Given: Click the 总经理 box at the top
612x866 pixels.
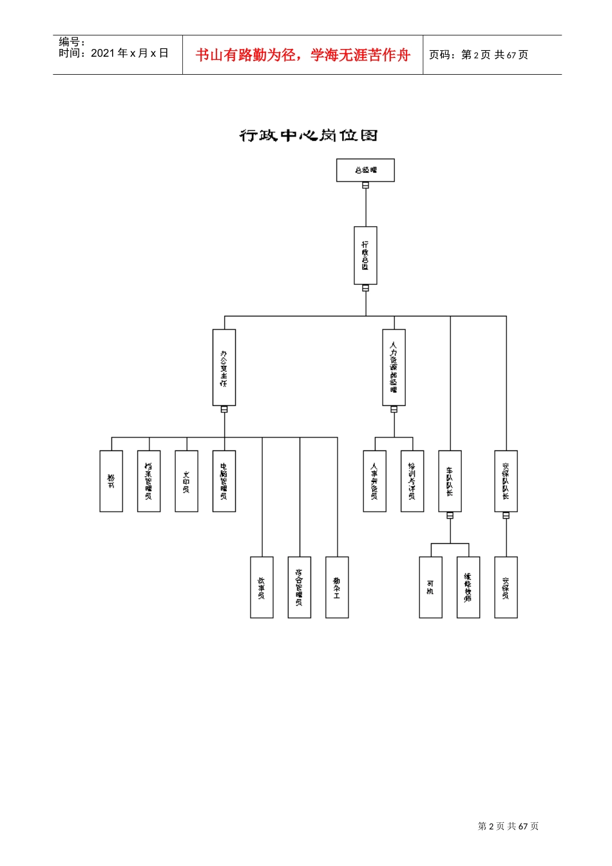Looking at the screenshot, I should click(x=365, y=170).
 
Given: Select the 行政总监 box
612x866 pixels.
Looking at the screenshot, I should click(x=365, y=255).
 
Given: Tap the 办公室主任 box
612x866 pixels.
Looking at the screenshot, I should click(x=224, y=367).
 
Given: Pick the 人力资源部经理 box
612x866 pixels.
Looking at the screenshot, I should click(x=394, y=367).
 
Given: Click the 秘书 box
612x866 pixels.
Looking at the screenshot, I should click(x=111, y=481).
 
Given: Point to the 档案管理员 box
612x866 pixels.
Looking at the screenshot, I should click(x=149, y=481).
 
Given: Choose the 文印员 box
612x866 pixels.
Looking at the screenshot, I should click(x=187, y=481).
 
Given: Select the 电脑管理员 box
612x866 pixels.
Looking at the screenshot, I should click(x=224, y=481).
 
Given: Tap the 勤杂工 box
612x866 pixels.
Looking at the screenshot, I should click(x=337, y=587).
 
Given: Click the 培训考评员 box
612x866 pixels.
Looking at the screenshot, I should click(x=412, y=481).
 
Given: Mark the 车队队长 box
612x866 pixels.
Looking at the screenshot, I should click(x=450, y=481).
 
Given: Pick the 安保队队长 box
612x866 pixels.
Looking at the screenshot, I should click(x=506, y=481).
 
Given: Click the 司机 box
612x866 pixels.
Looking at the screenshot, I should click(x=430, y=587).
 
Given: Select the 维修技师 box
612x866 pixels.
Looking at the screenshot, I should click(x=468, y=587).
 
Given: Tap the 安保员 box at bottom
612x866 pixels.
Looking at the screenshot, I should click(x=506, y=587).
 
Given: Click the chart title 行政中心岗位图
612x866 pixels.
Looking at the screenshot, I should click(x=308, y=135).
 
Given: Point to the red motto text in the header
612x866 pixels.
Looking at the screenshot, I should click(x=303, y=55).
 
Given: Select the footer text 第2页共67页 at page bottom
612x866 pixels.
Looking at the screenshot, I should click(x=508, y=826).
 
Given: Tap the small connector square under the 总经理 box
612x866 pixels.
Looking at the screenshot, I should click(x=365, y=186).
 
